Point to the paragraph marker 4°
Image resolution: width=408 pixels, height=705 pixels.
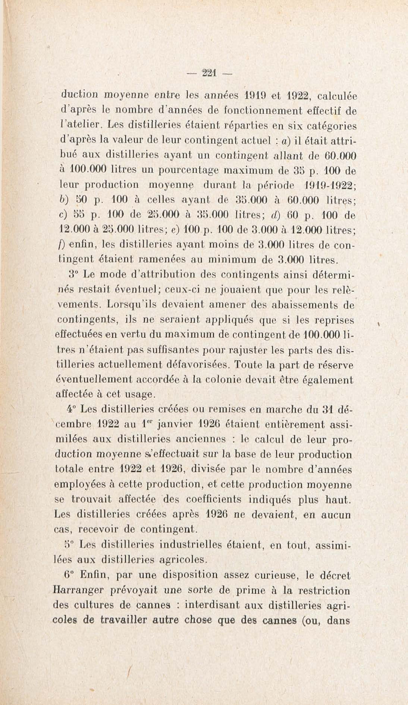coord(71,409)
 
